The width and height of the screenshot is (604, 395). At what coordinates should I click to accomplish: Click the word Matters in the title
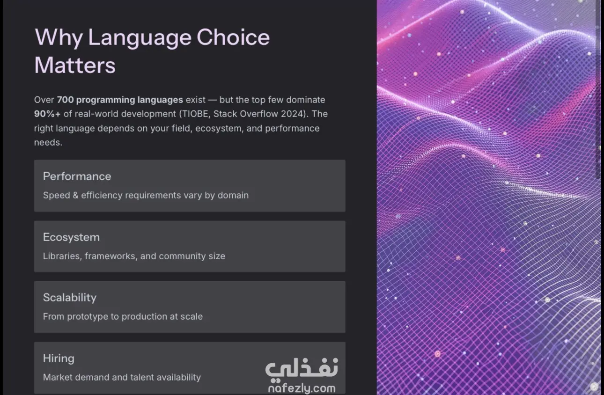click(75, 65)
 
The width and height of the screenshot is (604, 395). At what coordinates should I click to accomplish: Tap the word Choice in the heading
click(233, 37)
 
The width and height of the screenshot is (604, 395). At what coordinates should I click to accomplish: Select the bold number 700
click(65, 100)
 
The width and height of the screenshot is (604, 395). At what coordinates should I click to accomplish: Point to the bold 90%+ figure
click(47, 114)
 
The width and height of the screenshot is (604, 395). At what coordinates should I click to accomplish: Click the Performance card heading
click(77, 176)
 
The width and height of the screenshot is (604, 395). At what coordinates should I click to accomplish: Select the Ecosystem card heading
click(72, 237)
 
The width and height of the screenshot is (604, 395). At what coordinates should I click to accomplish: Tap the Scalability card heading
click(70, 298)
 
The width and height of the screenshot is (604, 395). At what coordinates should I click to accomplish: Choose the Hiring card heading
click(59, 358)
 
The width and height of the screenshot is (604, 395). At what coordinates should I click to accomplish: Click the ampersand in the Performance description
click(75, 195)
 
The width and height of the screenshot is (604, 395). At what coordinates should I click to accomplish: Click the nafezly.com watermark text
click(302, 388)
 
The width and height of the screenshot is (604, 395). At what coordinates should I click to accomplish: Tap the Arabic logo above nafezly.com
click(302, 369)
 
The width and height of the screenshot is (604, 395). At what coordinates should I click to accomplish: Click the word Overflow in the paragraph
click(259, 114)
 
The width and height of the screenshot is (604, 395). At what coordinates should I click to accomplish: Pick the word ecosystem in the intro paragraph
click(219, 129)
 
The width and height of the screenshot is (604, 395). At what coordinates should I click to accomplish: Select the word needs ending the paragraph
click(48, 143)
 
